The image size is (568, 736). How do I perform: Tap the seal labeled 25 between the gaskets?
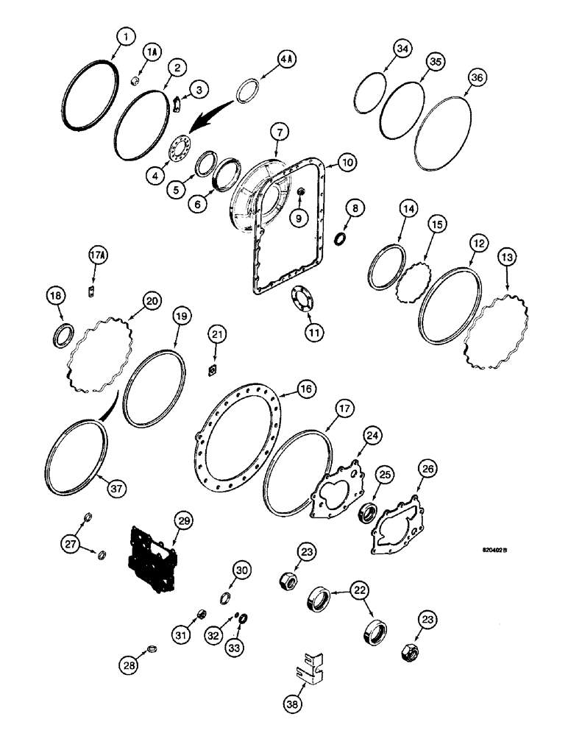click(366, 512)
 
